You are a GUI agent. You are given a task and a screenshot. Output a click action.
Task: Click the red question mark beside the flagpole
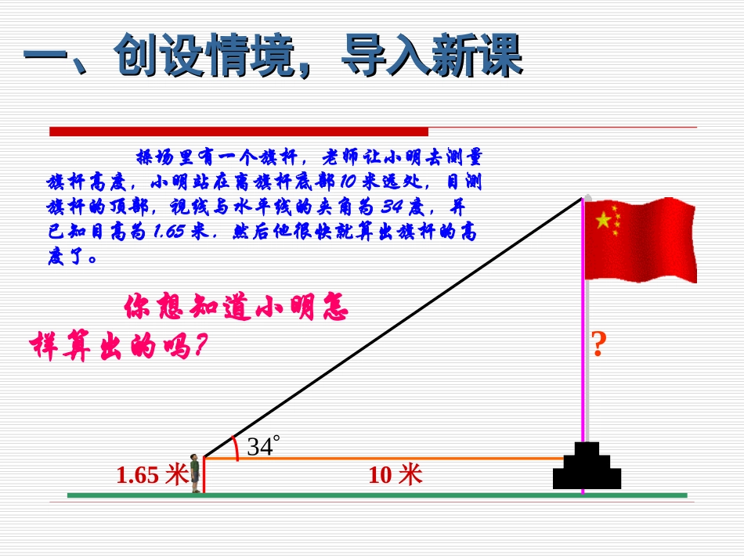598,344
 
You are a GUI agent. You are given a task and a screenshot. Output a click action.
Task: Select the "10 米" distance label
395,474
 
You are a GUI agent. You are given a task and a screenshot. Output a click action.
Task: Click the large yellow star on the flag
603,221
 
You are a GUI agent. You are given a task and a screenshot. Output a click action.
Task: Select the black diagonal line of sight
392,328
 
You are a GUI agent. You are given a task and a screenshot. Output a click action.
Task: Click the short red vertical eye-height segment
204,475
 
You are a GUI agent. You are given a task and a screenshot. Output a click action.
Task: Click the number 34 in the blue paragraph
392,207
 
